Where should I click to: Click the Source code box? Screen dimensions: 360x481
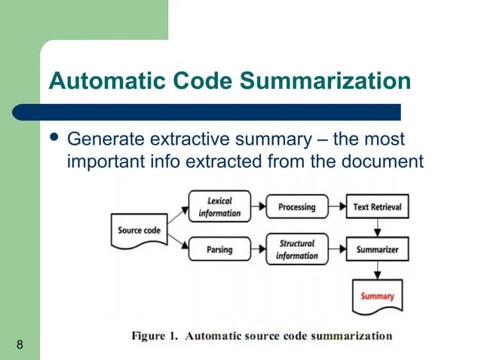point(139,230)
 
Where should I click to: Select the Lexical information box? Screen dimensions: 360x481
point(219,207)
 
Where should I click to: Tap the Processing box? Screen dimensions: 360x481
point(296,207)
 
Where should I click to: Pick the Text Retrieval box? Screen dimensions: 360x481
point(377,207)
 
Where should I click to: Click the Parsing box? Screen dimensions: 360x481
point(219,249)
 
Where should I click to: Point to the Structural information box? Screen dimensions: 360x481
point(296,249)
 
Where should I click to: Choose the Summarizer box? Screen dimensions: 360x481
point(377,249)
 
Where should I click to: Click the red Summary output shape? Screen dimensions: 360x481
point(377,295)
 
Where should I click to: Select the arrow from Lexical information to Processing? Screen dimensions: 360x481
point(258,207)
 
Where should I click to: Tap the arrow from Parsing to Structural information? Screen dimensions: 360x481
point(258,249)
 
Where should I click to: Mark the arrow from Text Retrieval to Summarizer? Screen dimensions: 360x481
point(377,228)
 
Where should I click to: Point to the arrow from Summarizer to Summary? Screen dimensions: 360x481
point(377,270)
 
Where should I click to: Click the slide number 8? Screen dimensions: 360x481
point(19,345)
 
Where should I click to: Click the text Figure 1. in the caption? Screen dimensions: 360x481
point(155,336)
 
